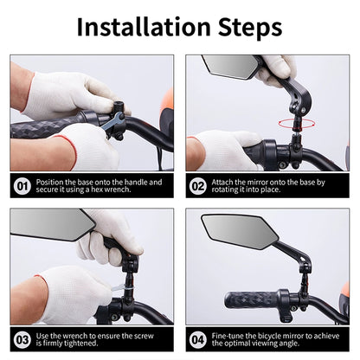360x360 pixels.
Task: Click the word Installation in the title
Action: pos(144,27)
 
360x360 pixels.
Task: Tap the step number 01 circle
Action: pos(22,186)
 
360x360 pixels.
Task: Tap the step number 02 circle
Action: pos(198,186)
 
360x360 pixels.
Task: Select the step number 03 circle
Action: pos(22,340)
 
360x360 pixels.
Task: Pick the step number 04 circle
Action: pos(198,340)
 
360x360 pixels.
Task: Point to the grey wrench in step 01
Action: pos(112,124)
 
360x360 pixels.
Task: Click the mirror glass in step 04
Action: pos(239,232)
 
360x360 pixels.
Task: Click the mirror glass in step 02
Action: pos(229,67)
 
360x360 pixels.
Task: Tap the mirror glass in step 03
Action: pos(49,224)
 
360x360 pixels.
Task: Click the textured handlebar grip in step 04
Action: pos(251,300)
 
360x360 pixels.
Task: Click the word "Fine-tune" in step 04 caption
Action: pos(228,336)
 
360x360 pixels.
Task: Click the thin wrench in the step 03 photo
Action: pos(119,288)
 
